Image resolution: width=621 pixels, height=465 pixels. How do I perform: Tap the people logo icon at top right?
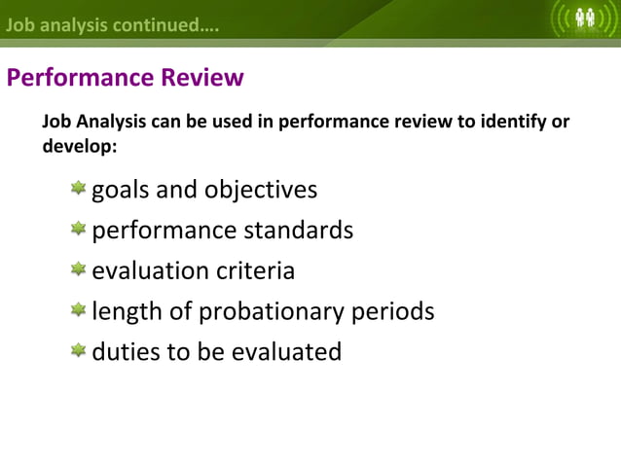586,18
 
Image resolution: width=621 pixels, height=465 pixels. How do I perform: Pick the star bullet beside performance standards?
78,229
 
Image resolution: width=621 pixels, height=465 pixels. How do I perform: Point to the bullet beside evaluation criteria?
78,269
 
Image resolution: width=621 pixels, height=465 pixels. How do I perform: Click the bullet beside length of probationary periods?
78,310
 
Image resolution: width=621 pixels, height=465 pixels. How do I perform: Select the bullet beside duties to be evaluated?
78,350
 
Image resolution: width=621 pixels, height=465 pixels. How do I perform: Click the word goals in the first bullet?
121,189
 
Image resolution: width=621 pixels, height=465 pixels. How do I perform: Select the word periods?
391,312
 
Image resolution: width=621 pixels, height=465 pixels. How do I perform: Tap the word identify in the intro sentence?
516,123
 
